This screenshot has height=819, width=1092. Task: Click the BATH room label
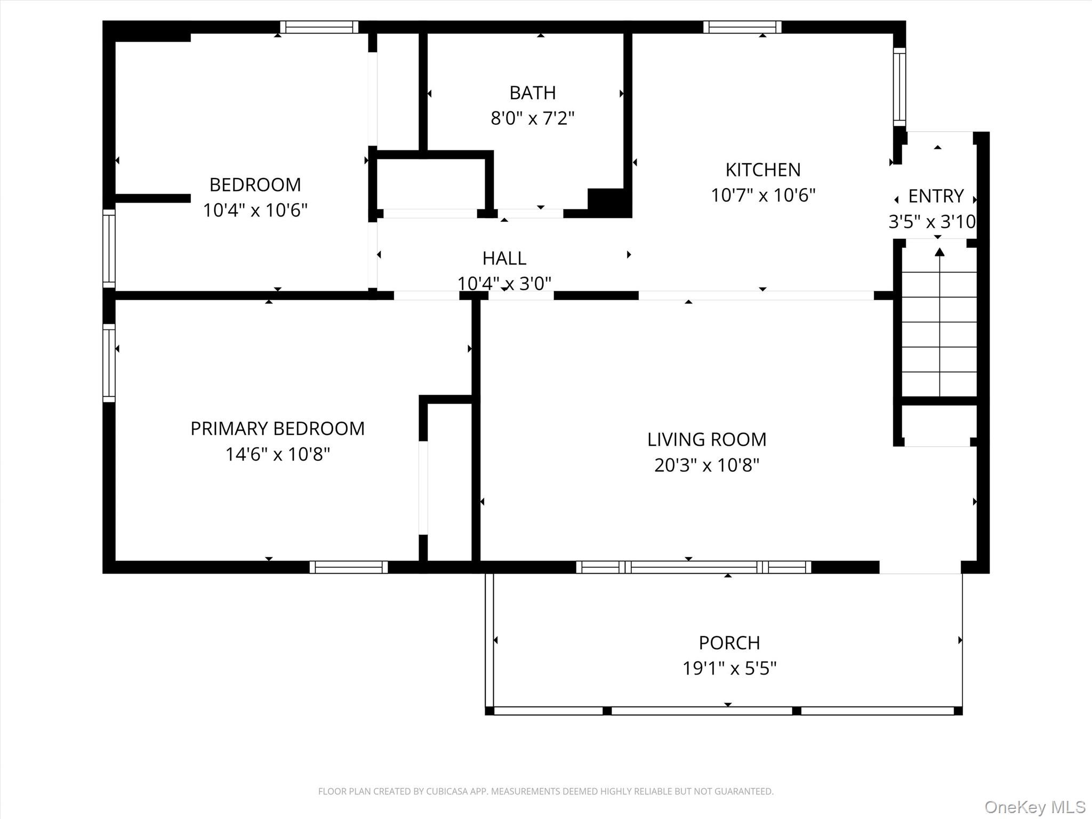(533, 93)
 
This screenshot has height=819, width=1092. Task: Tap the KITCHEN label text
(763, 170)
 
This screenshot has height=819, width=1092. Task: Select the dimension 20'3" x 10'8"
(706, 465)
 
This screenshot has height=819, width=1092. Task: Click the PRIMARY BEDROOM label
(278, 428)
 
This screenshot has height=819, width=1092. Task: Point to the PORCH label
(729, 643)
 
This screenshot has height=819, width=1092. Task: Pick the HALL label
(504, 258)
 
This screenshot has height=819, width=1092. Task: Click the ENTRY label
(936, 196)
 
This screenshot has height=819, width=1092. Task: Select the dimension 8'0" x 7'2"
(533, 118)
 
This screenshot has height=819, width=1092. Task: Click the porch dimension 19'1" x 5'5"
(729, 668)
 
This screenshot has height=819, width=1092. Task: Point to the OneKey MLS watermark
(1035, 806)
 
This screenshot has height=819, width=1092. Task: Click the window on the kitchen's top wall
(742, 27)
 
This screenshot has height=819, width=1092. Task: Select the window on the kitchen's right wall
(900, 87)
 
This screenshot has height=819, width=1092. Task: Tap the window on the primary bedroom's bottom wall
(349, 567)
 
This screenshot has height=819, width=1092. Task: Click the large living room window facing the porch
(694, 567)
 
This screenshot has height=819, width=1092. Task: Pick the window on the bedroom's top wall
(319, 27)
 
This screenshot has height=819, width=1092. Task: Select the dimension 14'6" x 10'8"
(278, 454)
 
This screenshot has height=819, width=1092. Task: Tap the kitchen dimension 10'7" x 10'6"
(763, 195)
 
